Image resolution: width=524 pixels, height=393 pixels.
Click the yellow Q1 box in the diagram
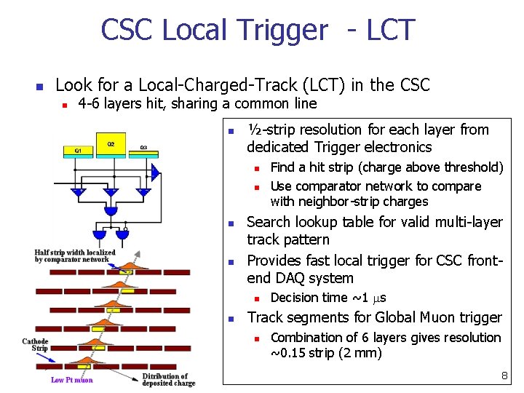coord(78,151)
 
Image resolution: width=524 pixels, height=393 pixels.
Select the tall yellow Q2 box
coord(110,145)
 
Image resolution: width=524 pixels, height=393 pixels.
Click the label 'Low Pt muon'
coord(72,380)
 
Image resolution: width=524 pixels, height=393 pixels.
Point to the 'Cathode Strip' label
coord(36,345)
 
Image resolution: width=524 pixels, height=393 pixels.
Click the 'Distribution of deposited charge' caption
coord(169,380)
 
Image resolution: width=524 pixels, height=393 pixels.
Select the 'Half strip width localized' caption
coord(75,255)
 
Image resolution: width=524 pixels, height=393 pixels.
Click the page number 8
coord(504,376)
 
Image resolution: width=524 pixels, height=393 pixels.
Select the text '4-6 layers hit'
coord(121,103)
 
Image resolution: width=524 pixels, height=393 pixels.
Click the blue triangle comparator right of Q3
coord(156,172)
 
